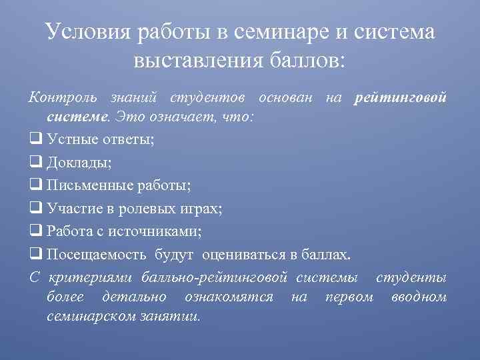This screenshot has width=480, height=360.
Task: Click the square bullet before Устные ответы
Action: pyautogui.click(x=36, y=139)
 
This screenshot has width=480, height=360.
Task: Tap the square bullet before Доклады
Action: pyautogui.click(x=36, y=162)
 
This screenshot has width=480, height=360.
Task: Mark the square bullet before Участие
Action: pyautogui.click(x=36, y=208)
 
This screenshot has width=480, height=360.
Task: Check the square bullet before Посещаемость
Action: pyautogui.click(x=36, y=254)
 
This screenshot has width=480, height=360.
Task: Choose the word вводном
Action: pyautogui.click(x=419, y=296)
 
